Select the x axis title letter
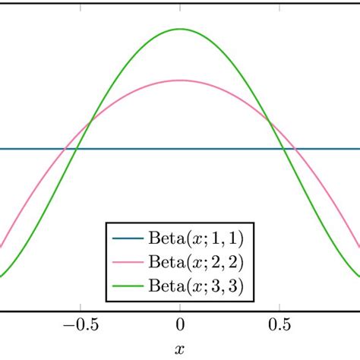[180, 350]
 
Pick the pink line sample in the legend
[127, 262]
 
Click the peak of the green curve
[180, 29]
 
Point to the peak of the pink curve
[180, 80]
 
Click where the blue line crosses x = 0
[180, 149]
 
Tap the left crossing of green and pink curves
[91, 120]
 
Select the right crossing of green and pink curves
[269, 120]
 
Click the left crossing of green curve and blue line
[77, 149]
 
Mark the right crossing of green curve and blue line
[283, 149]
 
